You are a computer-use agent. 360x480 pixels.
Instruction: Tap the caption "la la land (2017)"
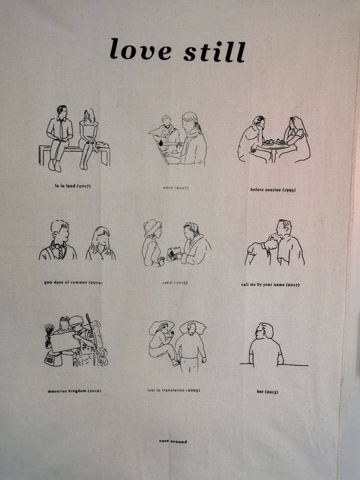click(x=73, y=186)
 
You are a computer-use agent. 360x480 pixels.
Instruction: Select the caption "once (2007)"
click(x=175, y=188)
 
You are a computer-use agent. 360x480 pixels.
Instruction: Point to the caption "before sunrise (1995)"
click(x=273, y=190)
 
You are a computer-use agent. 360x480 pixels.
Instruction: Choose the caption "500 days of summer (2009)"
click(x=73, y=282)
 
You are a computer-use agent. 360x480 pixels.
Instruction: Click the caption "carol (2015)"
click(x=175, y=283)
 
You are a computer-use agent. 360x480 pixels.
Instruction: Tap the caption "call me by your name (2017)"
click(x=270, y=285)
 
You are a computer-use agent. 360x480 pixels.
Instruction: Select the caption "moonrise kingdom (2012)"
click(x=74, y=391)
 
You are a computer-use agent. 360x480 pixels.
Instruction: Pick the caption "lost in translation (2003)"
click(x=174, y=390)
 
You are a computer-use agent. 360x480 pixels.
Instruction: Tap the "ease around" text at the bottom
click(x=173, y=441)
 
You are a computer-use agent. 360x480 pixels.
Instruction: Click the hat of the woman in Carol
click(x=152, y=228)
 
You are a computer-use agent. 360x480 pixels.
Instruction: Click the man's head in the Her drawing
click(x=264, y=331)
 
